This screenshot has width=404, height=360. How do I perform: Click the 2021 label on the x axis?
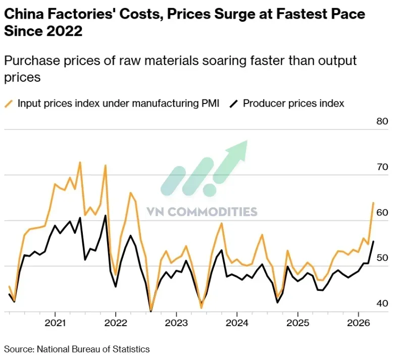point(55,323)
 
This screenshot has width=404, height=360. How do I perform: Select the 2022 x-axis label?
point(116,323)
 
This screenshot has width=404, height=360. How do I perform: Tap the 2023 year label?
point(176,323)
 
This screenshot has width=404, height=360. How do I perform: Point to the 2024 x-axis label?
point(237,323)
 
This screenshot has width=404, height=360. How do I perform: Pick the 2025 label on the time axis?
point(297,323)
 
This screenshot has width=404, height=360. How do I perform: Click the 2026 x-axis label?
point(359,323)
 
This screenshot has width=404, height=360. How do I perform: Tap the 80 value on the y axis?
point(382,121)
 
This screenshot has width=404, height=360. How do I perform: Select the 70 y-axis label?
point(382,167)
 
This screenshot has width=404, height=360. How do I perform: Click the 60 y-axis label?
point(382,213)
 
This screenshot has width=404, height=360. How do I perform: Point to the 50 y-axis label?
point(382,258)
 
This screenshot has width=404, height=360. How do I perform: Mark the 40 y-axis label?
point(382,303)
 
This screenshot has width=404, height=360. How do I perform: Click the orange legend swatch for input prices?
point(9,104)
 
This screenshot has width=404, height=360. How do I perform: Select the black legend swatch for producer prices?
point(234,104)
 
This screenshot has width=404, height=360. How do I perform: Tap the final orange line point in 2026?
point(373,203)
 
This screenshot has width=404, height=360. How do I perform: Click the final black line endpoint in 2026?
point(373,241)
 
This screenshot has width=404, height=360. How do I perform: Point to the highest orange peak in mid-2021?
point(80,163)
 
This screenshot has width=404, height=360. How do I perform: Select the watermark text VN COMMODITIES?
point(202,212)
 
